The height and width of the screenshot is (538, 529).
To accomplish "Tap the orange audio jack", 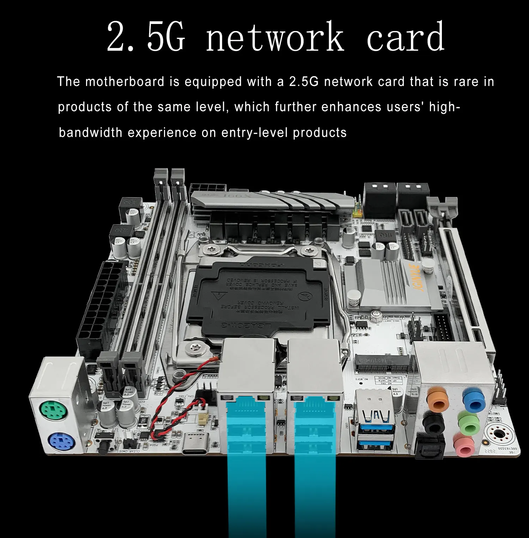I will [438, 398].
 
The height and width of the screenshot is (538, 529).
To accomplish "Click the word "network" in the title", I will [275, 37].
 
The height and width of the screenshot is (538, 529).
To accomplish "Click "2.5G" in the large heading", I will [146, 37].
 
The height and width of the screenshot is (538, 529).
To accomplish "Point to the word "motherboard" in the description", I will [125, 82].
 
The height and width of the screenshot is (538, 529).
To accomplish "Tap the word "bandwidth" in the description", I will [90, 133].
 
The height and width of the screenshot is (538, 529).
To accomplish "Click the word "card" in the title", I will [405, 37].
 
